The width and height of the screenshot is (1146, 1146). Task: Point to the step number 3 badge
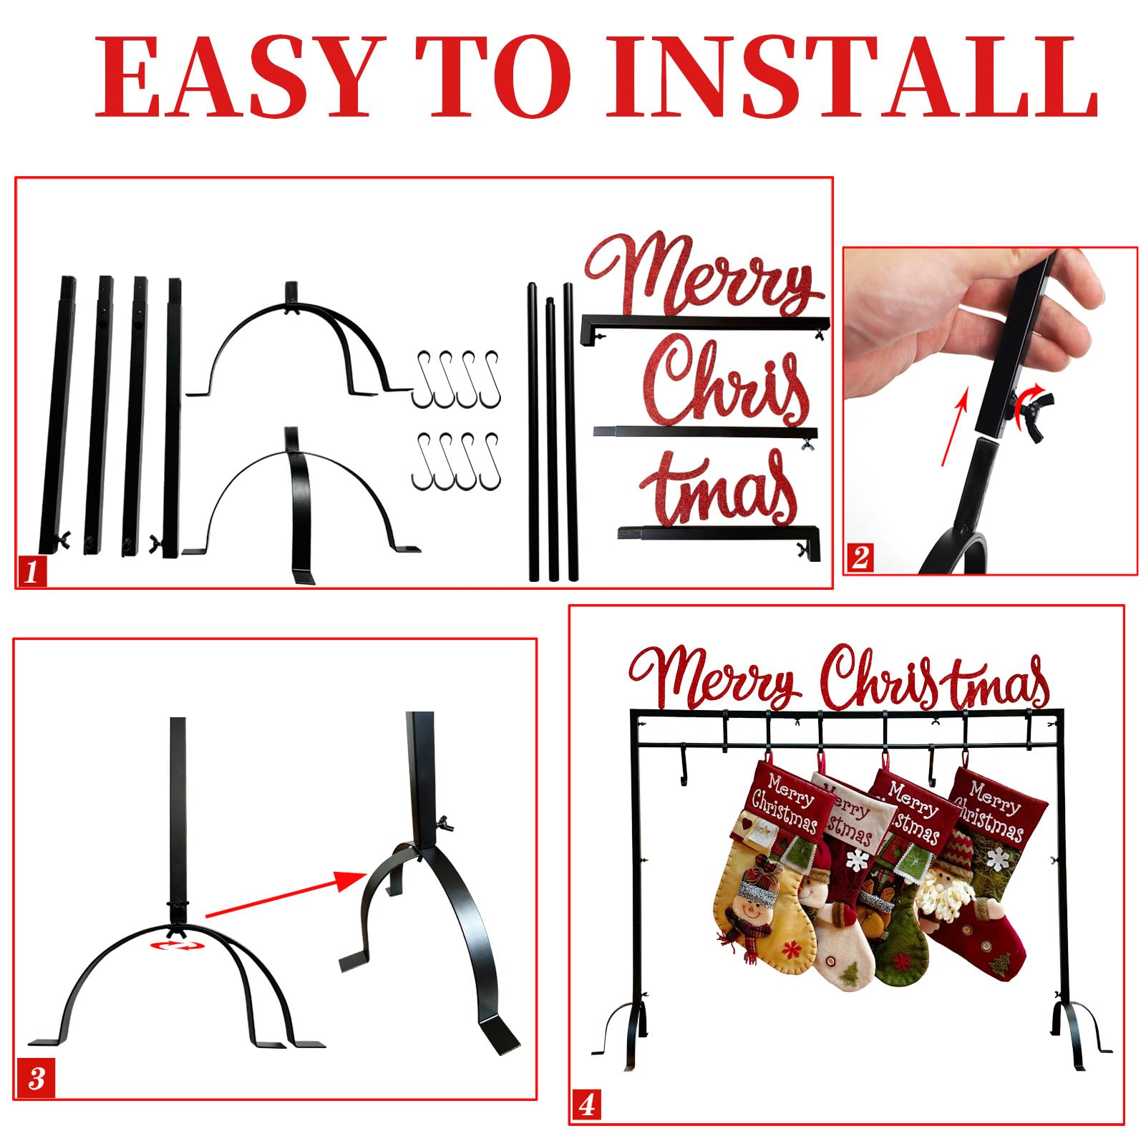pos(36,1079)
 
